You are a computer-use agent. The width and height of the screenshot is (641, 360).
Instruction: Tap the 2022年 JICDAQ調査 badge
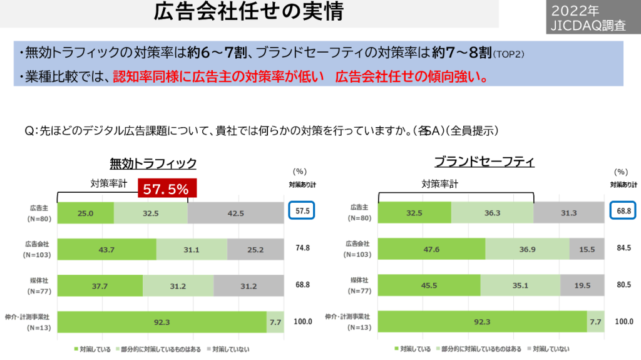585,18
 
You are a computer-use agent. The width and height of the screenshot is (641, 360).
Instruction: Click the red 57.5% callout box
166,189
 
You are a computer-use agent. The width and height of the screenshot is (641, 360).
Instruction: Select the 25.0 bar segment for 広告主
86,213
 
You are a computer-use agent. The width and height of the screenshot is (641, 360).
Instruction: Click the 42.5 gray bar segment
235,213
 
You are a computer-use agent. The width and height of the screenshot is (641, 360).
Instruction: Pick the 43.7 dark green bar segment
106,249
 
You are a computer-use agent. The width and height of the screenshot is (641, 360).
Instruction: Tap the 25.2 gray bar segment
255,249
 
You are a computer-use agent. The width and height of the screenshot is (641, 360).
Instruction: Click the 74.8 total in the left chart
303,249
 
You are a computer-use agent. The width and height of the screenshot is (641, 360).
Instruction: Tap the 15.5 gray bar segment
587,249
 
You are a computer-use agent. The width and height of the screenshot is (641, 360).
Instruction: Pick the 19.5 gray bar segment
582,285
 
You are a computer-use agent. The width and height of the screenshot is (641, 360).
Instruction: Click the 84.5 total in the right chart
623,249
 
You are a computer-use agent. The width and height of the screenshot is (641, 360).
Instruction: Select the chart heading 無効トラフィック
153,163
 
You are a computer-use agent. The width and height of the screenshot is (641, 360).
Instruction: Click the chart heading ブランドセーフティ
484,162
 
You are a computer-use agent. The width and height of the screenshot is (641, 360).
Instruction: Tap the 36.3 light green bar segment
492,213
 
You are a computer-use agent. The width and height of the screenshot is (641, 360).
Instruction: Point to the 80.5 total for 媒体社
623,285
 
